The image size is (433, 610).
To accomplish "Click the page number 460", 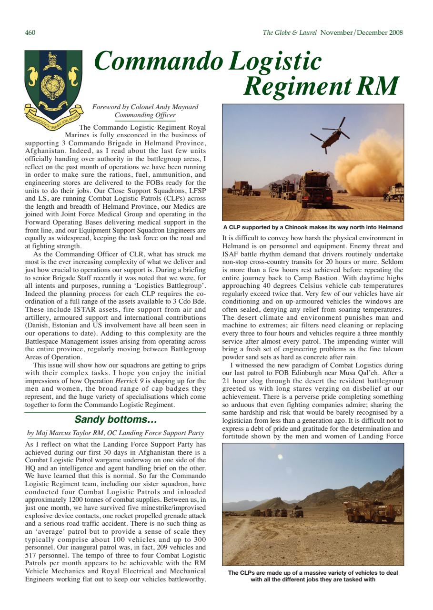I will point(30,33).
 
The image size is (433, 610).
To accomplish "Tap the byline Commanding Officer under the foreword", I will point(145,115).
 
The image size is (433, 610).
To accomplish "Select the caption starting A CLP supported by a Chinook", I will point(312,227).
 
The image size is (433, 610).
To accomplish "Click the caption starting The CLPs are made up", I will point(312,576).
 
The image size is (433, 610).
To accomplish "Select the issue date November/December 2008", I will point(362,33).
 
